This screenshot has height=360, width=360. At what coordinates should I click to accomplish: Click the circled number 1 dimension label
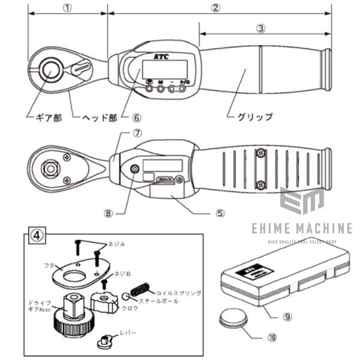(x=67, y=8)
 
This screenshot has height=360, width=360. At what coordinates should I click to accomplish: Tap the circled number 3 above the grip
(x=260, y=28)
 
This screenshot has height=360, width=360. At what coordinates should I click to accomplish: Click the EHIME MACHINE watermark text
(x=298, y=229)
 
